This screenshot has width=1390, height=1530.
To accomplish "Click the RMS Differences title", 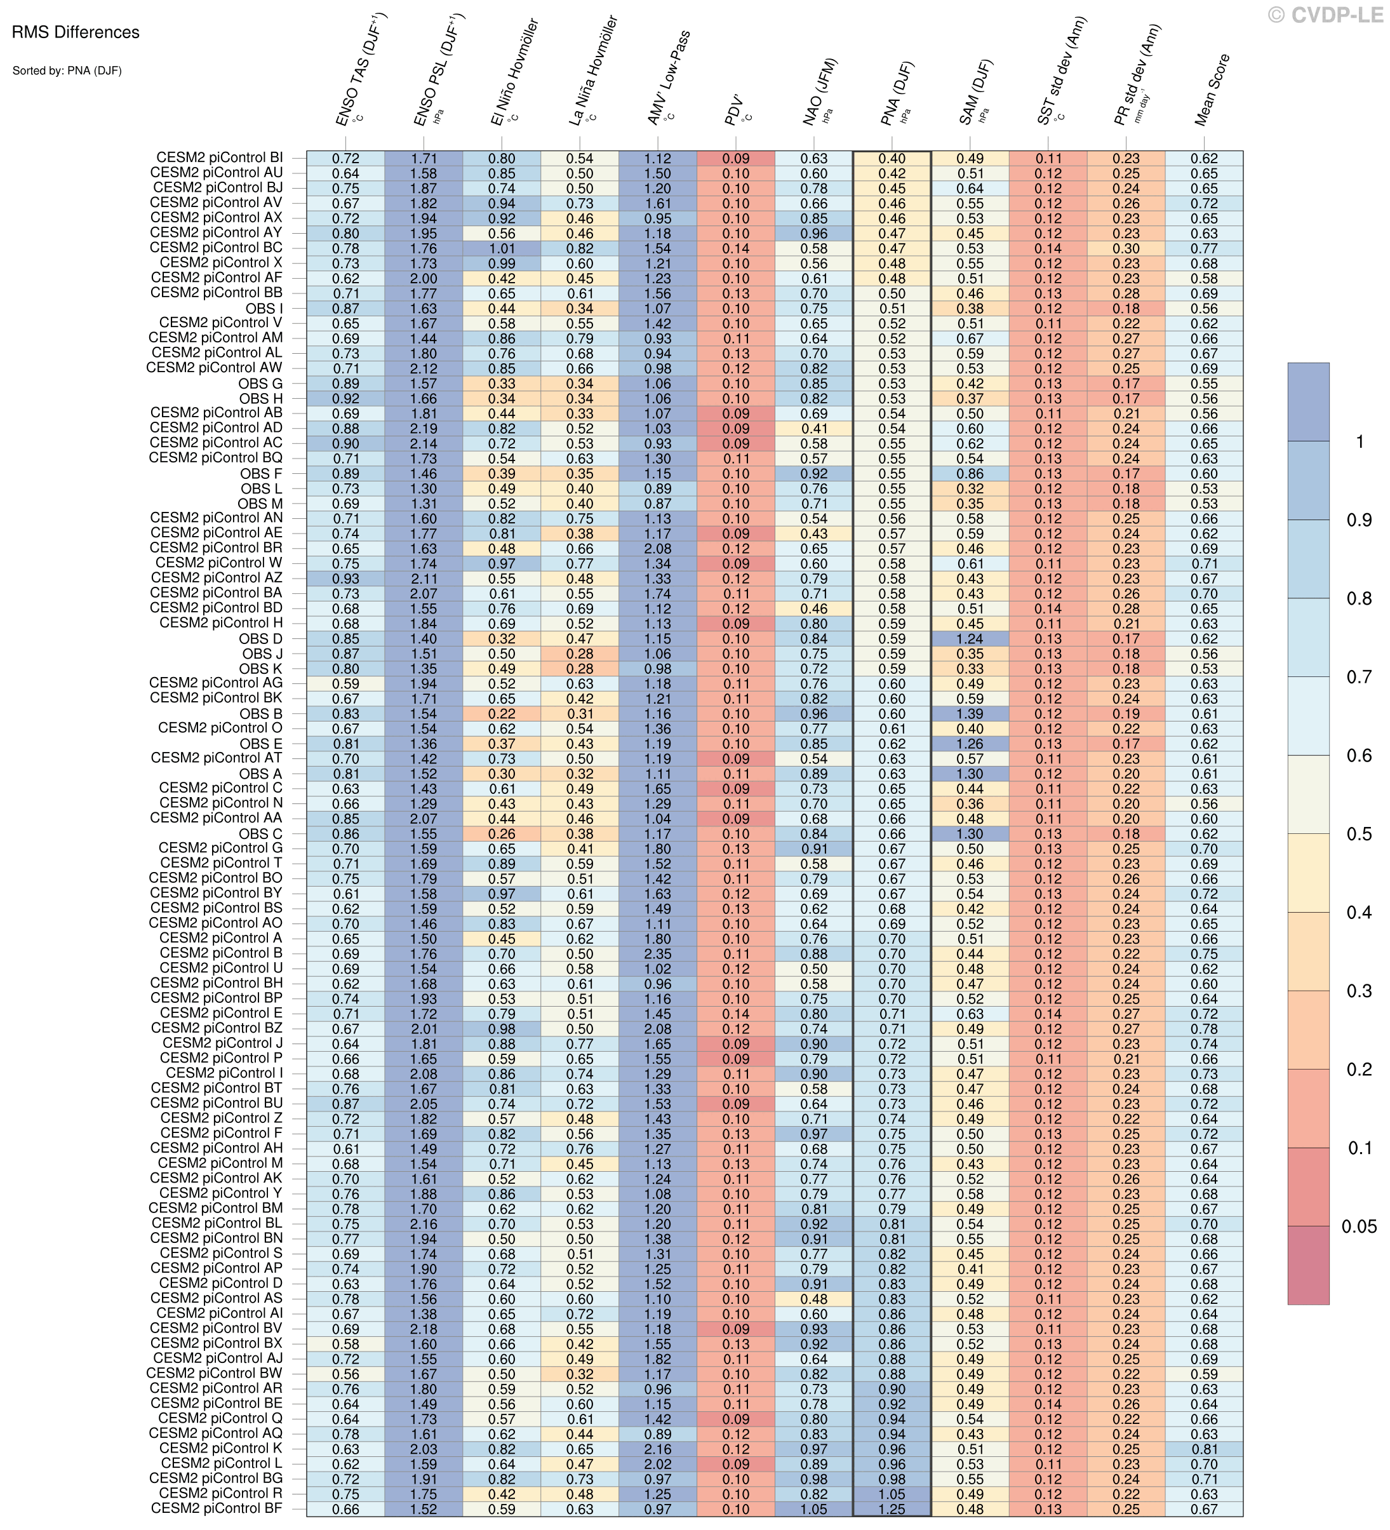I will click(76, 32).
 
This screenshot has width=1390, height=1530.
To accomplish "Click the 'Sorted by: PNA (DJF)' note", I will click(67, 71).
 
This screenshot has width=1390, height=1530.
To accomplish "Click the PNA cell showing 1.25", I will click(892, 1509).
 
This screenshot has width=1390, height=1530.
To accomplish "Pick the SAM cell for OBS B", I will click(970, 714).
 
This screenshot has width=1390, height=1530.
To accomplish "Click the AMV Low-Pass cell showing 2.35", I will click(657, 954).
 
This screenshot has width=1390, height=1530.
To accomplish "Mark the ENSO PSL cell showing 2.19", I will click(424, 429).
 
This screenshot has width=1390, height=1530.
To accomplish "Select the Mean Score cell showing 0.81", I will click(1204, 1449).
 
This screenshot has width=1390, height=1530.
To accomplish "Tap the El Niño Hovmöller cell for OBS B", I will click(502, 714).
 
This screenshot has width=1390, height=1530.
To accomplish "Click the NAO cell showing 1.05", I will click(813, 1509).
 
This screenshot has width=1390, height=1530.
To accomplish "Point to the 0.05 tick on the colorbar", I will click(1358, 1227).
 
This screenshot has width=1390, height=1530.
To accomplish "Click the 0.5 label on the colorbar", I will click(1358, 834).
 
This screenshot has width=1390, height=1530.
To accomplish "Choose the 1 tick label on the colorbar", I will click(1359, 441).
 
